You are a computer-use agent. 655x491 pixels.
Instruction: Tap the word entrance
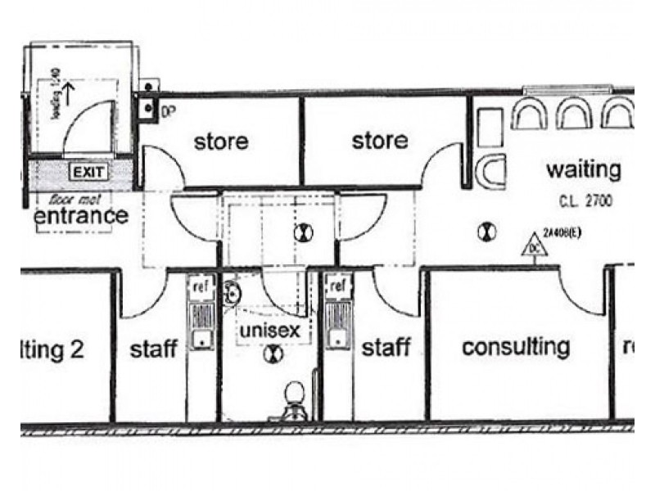(81, 216)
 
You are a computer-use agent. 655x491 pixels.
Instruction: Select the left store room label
(220, 141)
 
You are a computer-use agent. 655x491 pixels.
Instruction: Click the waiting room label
(583, 170)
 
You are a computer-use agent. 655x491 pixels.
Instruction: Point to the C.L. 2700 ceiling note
(583, 200)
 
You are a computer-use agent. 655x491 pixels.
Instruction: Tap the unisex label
(264, 331)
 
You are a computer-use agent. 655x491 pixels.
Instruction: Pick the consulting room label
(516, 346)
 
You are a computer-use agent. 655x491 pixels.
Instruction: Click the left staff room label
(154, 349)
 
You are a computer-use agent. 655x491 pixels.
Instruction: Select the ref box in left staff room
(200, 287)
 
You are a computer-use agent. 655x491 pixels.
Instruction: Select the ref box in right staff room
(337, 286)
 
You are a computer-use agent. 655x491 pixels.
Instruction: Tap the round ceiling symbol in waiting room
(489, 232)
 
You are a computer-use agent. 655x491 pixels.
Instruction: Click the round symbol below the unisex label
(273, 354)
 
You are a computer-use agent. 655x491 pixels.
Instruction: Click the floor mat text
(70, 199)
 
